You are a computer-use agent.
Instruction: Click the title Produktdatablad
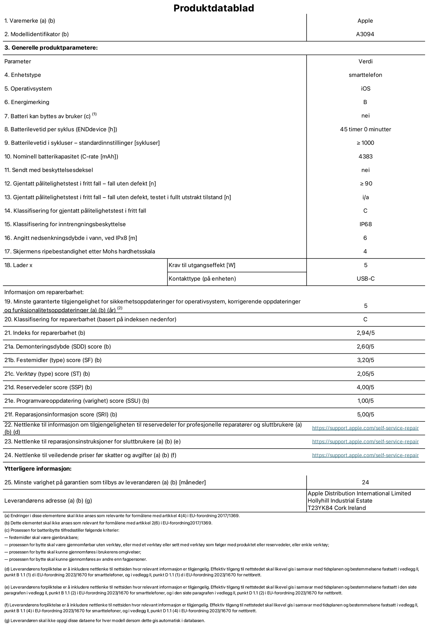(214, 8)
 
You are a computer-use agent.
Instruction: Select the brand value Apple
(365, 21)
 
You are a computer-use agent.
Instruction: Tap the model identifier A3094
(365, 34)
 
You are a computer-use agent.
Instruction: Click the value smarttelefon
(365, 75)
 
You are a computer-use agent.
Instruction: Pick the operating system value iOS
(365, 89)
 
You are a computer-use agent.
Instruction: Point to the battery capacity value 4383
(365, 157)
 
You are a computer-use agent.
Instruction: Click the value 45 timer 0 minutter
(365, 129)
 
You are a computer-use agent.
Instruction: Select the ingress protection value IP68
(365, 224)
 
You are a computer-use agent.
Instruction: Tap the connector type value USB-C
(365, 279)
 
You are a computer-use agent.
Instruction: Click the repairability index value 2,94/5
(365, 333)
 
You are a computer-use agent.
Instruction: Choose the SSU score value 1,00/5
(365, 401)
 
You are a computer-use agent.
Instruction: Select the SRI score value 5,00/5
(365, 415)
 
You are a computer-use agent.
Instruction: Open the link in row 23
(365, 442)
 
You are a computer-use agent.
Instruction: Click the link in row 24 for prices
(365, 455)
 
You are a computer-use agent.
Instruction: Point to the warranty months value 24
(365, 482)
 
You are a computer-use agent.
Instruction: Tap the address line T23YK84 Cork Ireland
(336, 508)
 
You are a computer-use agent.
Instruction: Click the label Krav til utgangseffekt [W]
(202, 265)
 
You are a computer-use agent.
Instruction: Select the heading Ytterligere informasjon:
(38, 469)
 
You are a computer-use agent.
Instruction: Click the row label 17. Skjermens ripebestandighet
(80, 251)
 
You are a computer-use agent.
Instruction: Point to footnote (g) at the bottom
(105, 621)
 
